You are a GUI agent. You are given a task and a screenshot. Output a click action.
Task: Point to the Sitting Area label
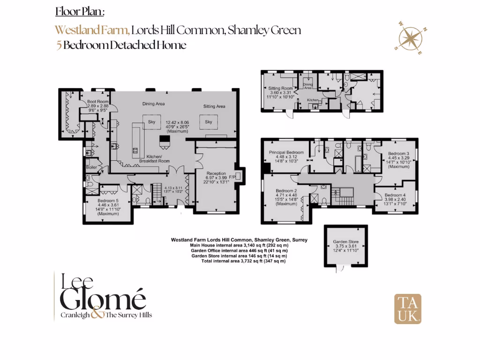pyautogui.click(x=214, y=106)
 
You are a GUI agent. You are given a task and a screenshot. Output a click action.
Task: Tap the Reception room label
pyautogui.click(x=217, y=173)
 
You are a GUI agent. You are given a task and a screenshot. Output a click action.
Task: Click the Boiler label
pyautogui.click(x=91, y=167)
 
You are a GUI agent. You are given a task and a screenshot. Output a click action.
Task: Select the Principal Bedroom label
pyautogui.click(x=286, y=152)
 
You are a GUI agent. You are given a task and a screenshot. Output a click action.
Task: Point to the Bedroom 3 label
pyautogui.click(x=398, y=153)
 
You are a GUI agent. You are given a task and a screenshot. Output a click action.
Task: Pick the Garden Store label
pyautogui.click(x=345, y=242)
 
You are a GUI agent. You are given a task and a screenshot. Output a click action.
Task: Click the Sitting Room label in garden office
pyautogui.click(x=280, y=88)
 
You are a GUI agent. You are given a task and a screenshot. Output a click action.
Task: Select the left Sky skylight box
pyautogui.click(x=151, y=121)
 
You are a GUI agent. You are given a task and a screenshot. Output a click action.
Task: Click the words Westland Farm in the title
pyautogui.click(x=92, y=30)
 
